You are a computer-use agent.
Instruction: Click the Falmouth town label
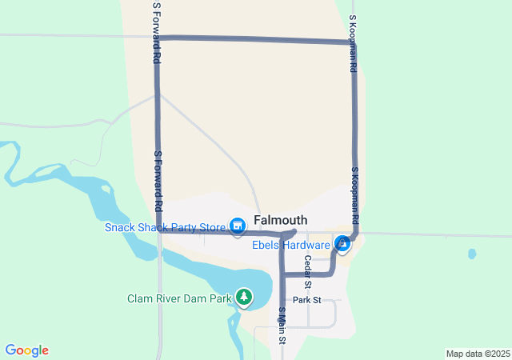click(281, 220)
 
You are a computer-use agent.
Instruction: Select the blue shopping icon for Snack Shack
click(237, 227)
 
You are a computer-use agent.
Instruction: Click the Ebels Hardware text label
click(292, 245)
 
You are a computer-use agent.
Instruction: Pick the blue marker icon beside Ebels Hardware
click(342, 242)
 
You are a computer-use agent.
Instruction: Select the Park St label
click(306, 300)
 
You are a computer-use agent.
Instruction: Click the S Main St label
click(282, 326)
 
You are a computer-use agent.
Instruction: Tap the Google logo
click(27, 350)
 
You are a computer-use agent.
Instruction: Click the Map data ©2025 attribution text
click(478, 354)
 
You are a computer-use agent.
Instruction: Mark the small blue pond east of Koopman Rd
click(472, 254)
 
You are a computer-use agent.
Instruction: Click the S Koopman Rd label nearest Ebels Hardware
click(354, 195)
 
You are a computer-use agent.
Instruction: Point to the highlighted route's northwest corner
click(158, 38)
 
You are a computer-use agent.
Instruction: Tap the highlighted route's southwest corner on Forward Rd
click(159, 231)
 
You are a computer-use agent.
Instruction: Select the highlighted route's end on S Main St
click(281, 319)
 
